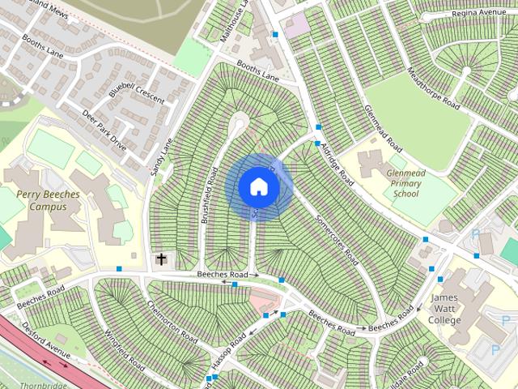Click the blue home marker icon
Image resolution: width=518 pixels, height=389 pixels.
point(258,186)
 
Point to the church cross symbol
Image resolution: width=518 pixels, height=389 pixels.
point(162,259)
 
